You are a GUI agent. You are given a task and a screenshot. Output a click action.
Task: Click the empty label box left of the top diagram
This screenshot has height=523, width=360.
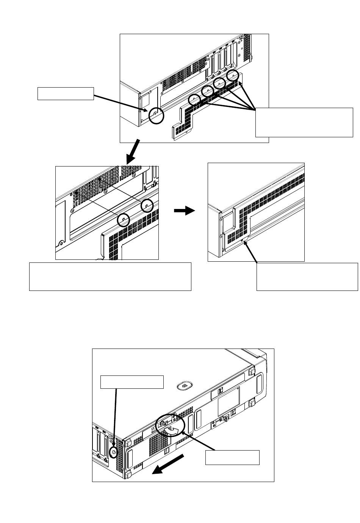click(66, 94)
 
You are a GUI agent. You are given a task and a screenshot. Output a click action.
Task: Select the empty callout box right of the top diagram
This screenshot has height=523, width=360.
click(304, 122)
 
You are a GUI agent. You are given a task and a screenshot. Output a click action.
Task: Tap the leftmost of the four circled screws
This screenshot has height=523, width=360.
click(194, 99)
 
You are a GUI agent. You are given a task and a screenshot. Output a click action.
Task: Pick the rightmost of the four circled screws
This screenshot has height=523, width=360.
click(233, 77)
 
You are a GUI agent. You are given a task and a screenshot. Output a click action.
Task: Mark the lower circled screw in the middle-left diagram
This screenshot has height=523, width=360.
click(123, 220)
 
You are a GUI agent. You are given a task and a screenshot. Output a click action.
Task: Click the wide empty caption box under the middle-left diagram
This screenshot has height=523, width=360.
click(110, 276)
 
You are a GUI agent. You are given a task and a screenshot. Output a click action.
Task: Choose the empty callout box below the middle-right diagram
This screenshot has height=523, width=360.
click(307, 276)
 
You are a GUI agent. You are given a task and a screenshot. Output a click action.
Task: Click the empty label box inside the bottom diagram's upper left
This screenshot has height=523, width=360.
click(132, 382)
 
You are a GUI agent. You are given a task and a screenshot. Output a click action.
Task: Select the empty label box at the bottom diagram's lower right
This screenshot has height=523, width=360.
click(232, 457)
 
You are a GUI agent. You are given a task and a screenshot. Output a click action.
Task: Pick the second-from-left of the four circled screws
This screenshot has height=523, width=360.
click(208, 91)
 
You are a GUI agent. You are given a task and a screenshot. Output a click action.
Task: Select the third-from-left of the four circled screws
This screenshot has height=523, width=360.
click(220, 83)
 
